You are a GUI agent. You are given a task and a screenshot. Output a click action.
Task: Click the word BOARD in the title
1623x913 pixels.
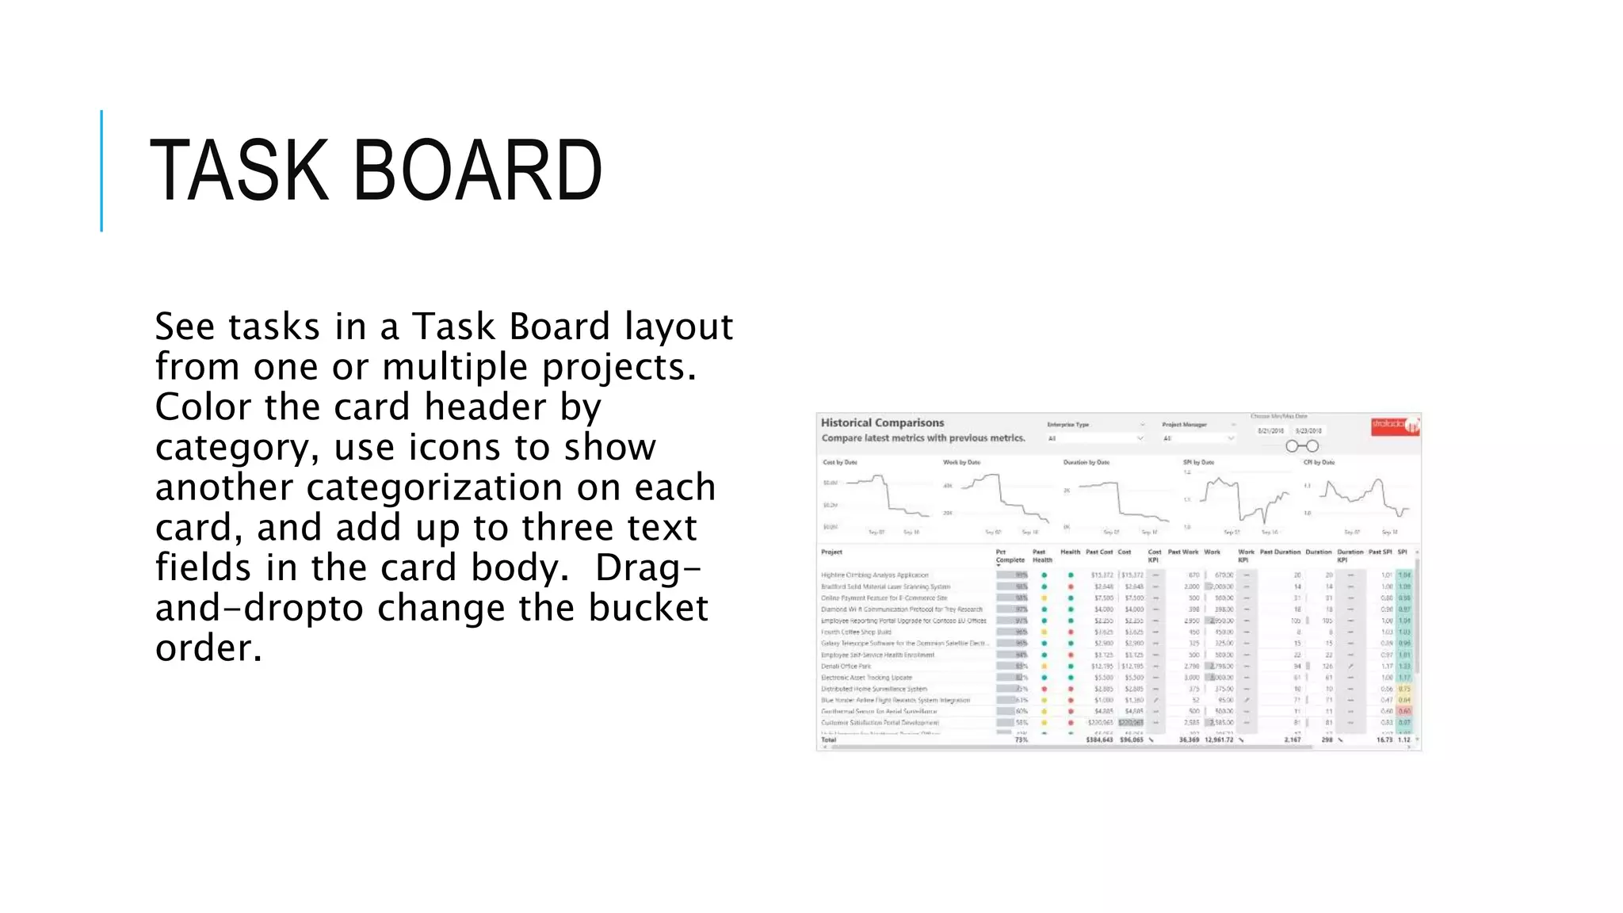477,170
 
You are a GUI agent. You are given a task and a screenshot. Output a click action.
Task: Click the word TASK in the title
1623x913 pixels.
239,170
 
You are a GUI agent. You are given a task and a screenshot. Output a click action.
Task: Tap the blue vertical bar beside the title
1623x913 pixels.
101,170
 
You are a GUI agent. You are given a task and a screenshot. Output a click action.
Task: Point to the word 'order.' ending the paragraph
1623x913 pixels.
208,648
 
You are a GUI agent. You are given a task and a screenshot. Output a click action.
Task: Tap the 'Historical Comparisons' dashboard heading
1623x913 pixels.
882,423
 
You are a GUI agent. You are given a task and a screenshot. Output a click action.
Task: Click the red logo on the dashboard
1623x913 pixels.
1396,426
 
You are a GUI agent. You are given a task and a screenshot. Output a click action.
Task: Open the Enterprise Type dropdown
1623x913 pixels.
1096,438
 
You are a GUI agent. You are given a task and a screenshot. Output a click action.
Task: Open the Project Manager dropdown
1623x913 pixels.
1198,438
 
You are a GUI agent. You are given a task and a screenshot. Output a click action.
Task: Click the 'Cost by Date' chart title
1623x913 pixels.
840,462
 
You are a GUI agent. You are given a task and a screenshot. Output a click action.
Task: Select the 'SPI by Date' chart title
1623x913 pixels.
1198,462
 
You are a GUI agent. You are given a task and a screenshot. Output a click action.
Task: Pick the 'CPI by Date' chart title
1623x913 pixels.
1319,462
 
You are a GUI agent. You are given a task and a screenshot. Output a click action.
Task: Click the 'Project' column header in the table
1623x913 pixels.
831,552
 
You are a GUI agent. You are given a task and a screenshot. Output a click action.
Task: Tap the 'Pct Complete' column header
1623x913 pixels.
1010,556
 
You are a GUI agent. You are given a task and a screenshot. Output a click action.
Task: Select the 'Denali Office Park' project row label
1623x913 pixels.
846,666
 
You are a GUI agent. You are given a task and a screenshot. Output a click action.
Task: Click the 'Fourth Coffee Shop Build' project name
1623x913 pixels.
856,632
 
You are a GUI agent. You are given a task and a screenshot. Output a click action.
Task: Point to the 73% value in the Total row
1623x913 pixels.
1022,739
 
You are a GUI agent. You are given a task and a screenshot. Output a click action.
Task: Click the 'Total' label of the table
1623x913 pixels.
828,739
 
